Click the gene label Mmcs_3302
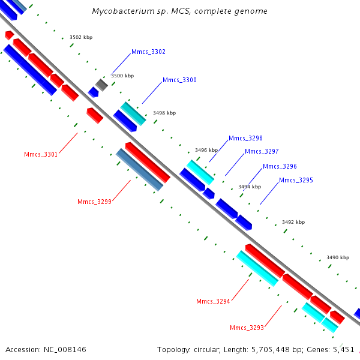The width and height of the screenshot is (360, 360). (x=148, y=52)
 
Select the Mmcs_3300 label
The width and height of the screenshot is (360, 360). (x=179, y=80)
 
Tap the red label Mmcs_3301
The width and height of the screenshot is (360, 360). (x=41, y=154)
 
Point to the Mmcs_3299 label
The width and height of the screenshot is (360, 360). (x=94, y=202)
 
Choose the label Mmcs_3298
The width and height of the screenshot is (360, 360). (x=245, y=138)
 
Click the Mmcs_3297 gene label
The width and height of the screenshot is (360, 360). (x=262, y=151)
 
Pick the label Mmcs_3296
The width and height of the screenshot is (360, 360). (x=280, y=166)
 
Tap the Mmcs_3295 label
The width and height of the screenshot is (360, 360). (x=296, y=180)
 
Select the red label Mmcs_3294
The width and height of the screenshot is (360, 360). (x=213, y=301)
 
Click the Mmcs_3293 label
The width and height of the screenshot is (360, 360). (x=247, y=328)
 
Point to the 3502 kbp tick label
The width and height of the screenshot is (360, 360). (x=81, y=37)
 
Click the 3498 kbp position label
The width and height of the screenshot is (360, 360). (x=164, y=113)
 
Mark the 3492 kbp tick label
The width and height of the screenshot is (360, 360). (x=293, y=222)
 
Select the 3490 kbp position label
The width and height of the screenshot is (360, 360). (x=338, y=257)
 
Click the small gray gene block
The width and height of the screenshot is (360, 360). (x=101, y=85)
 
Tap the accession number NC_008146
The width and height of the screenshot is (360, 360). (x=65, y=350)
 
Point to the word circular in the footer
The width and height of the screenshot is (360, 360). (x=206, y=350)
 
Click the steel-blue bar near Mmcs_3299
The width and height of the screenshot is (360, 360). (x=139, y=170)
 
